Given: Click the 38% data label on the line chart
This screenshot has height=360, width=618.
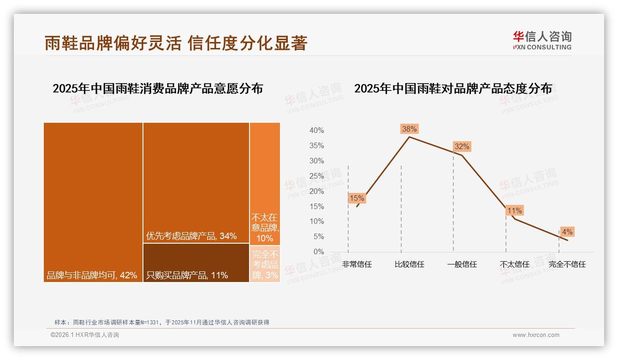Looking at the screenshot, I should click(409, 129).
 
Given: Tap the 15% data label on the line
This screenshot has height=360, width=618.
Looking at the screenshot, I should click(357, 198).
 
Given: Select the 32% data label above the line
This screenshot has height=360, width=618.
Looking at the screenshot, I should click(462, 147).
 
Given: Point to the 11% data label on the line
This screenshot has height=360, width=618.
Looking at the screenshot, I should click(514, 211).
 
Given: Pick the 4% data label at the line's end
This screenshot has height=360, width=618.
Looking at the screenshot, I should click(567, 232).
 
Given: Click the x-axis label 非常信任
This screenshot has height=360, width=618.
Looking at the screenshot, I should click(357, 264).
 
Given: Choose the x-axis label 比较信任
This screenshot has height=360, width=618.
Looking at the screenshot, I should click(409, 264).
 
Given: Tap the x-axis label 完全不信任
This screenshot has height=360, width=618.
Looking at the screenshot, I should click(567, 264).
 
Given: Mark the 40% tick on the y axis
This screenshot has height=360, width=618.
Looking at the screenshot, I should click(316, 131).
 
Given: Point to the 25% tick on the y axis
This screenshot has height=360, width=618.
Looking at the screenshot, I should click(316, 176).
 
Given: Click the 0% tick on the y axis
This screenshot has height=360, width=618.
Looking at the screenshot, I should click(319, 252).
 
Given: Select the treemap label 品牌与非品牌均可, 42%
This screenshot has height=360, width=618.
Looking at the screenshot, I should click(92, 276).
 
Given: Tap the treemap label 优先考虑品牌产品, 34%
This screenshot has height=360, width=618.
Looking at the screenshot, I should click(191, 236).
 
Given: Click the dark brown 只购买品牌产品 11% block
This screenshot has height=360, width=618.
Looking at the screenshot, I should click(196, 263).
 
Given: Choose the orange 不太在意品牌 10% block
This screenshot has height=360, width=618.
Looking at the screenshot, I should click(265, 183).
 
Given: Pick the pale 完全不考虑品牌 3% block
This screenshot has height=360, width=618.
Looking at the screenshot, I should click(265, 264).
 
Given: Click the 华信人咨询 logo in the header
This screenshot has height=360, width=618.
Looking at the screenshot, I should click(542, 40).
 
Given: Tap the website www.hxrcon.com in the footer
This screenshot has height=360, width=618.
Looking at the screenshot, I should click(536, 335).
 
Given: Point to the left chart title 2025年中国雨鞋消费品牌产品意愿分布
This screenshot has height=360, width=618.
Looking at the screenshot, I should click(158, 89).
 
